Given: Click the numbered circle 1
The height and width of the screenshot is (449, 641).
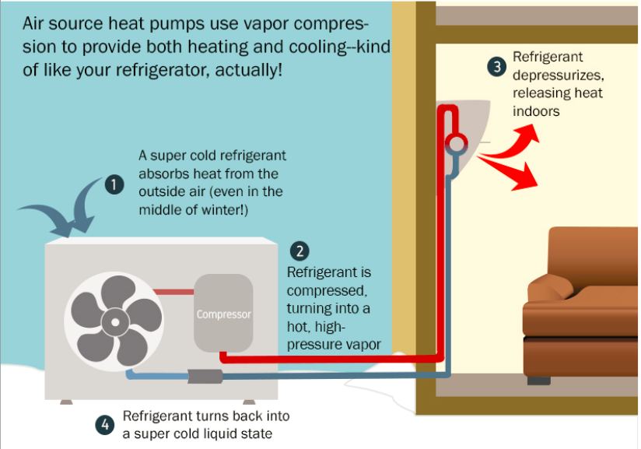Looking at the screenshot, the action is pos(114,184).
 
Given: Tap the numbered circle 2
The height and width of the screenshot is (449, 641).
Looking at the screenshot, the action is pos(299,251).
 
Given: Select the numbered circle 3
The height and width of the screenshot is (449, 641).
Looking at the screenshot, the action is pos(497,67).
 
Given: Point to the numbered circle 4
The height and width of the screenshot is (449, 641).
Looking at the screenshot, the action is pos(105,425).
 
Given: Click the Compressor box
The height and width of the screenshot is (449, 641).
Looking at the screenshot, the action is pos(223,314).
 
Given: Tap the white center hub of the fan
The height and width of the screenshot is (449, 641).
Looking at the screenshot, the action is pos(115,322).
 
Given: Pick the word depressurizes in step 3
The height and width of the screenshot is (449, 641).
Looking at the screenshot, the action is pos(558,75).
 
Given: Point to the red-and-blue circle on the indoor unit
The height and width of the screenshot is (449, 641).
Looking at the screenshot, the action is pos(456,144).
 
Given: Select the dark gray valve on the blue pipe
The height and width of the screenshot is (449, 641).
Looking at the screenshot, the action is pos(205,376).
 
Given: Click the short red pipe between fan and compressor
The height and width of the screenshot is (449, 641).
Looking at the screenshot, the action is pos(173,292).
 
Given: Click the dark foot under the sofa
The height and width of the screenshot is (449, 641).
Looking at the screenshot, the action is pos(538,381).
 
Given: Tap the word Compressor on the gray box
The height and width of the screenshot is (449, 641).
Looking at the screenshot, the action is pos(223,314).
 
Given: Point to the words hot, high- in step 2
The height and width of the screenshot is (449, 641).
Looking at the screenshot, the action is pos(316,327).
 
